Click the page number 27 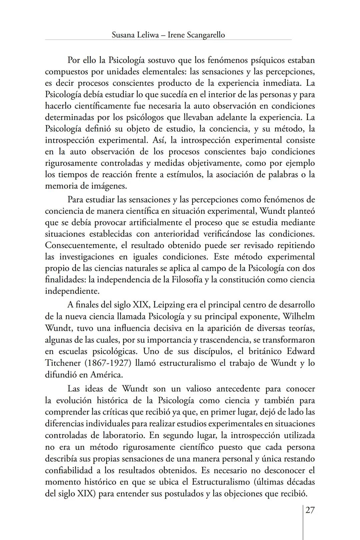(310, 510)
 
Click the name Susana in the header (123, 35)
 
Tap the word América (106, 375)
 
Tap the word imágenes (109, 186)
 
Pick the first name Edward (301, 351)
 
